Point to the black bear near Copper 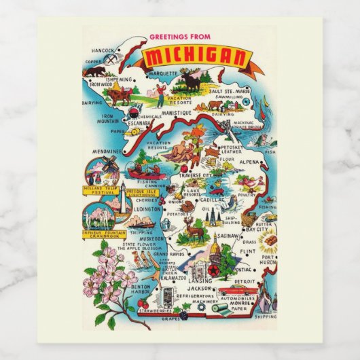(97, 71)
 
